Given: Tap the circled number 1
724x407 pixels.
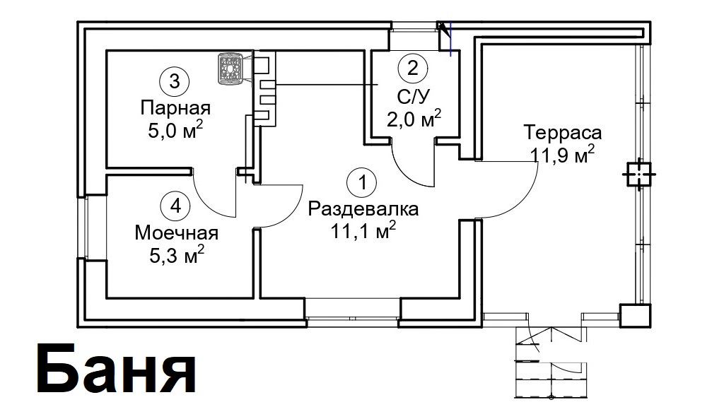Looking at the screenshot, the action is (363, 182).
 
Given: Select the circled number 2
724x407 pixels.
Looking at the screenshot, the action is (412, 69).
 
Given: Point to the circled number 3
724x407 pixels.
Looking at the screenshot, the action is (174, 82).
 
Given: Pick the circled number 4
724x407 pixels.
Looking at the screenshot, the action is (175, 206).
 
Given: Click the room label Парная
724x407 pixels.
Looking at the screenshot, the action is (175, 108).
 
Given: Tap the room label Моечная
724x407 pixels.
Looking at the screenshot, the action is (176, 233).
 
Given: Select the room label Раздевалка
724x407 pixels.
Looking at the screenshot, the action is (363, 209).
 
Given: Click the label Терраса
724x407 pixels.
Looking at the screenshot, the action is (562, 133).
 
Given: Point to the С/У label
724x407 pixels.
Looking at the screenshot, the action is (414, 96).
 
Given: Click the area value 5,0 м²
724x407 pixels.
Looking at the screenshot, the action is (175, 130).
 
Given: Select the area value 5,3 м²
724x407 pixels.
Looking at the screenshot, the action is (177, 254).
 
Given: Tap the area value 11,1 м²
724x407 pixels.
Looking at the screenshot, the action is (363, 230).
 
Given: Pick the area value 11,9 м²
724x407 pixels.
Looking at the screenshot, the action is (562, 154).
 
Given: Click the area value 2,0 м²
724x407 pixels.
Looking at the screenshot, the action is (414, 119).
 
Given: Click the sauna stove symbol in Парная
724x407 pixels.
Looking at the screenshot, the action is (230, 69).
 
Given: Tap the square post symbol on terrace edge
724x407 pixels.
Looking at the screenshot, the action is (638, 175).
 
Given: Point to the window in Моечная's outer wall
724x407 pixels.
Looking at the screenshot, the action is (86, 226).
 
